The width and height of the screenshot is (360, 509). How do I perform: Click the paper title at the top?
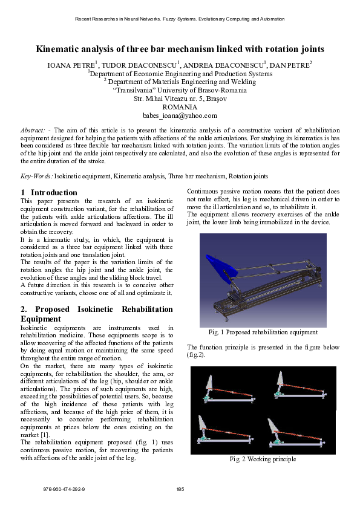pos(180,49)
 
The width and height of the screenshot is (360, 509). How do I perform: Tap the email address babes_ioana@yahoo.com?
pos(180,115)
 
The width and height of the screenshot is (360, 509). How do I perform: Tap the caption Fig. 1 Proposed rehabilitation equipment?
pos(263,332)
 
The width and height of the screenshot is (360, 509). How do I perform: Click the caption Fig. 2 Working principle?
pos(263,459)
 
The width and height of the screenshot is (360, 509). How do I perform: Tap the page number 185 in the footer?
pos(180,488)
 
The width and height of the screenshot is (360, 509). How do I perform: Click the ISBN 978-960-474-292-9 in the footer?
pos(64,488)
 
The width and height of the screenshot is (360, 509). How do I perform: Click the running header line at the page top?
pos(180,19)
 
